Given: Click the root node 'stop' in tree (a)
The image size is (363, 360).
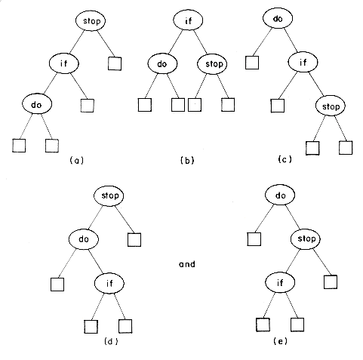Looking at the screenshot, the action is (x=91, y=21).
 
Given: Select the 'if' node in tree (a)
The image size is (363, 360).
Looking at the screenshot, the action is (x=64, y=63).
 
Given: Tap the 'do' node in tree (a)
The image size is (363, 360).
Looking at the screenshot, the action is (x=37, y=104).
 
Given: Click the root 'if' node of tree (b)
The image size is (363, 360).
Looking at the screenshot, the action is (x=188, y=20).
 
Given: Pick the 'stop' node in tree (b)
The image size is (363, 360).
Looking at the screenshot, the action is (x=212, y=64).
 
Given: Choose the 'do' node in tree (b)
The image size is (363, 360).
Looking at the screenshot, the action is (x=162, y=63).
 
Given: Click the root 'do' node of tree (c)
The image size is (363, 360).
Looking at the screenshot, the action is (x=278, y=18).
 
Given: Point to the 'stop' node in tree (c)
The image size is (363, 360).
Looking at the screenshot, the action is (x=331, y=106).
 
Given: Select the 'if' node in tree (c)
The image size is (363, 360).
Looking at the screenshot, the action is (x=303, y=62).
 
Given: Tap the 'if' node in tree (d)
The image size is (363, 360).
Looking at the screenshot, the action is (x=109, y=283).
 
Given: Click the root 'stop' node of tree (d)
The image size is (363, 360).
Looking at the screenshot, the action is (x=109, y=195).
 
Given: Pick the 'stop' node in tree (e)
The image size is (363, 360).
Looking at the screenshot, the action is (x=306, y=238).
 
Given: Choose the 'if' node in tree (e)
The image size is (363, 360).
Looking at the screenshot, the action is (x=280, y=282).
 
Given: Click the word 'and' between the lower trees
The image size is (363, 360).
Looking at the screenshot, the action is (x=187, y=264).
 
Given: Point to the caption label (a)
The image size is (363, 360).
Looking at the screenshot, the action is (x=76, y=161).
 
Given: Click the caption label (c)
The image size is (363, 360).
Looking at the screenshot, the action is (x=285, y=159).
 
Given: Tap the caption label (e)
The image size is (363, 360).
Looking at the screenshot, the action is (x=280, y=341).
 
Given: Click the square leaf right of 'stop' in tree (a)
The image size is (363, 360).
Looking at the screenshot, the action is (x=115, y=63).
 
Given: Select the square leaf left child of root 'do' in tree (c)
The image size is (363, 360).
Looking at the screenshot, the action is (x=252, y=63).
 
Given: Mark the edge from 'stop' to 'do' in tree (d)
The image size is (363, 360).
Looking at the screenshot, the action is (x=96, y=217).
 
